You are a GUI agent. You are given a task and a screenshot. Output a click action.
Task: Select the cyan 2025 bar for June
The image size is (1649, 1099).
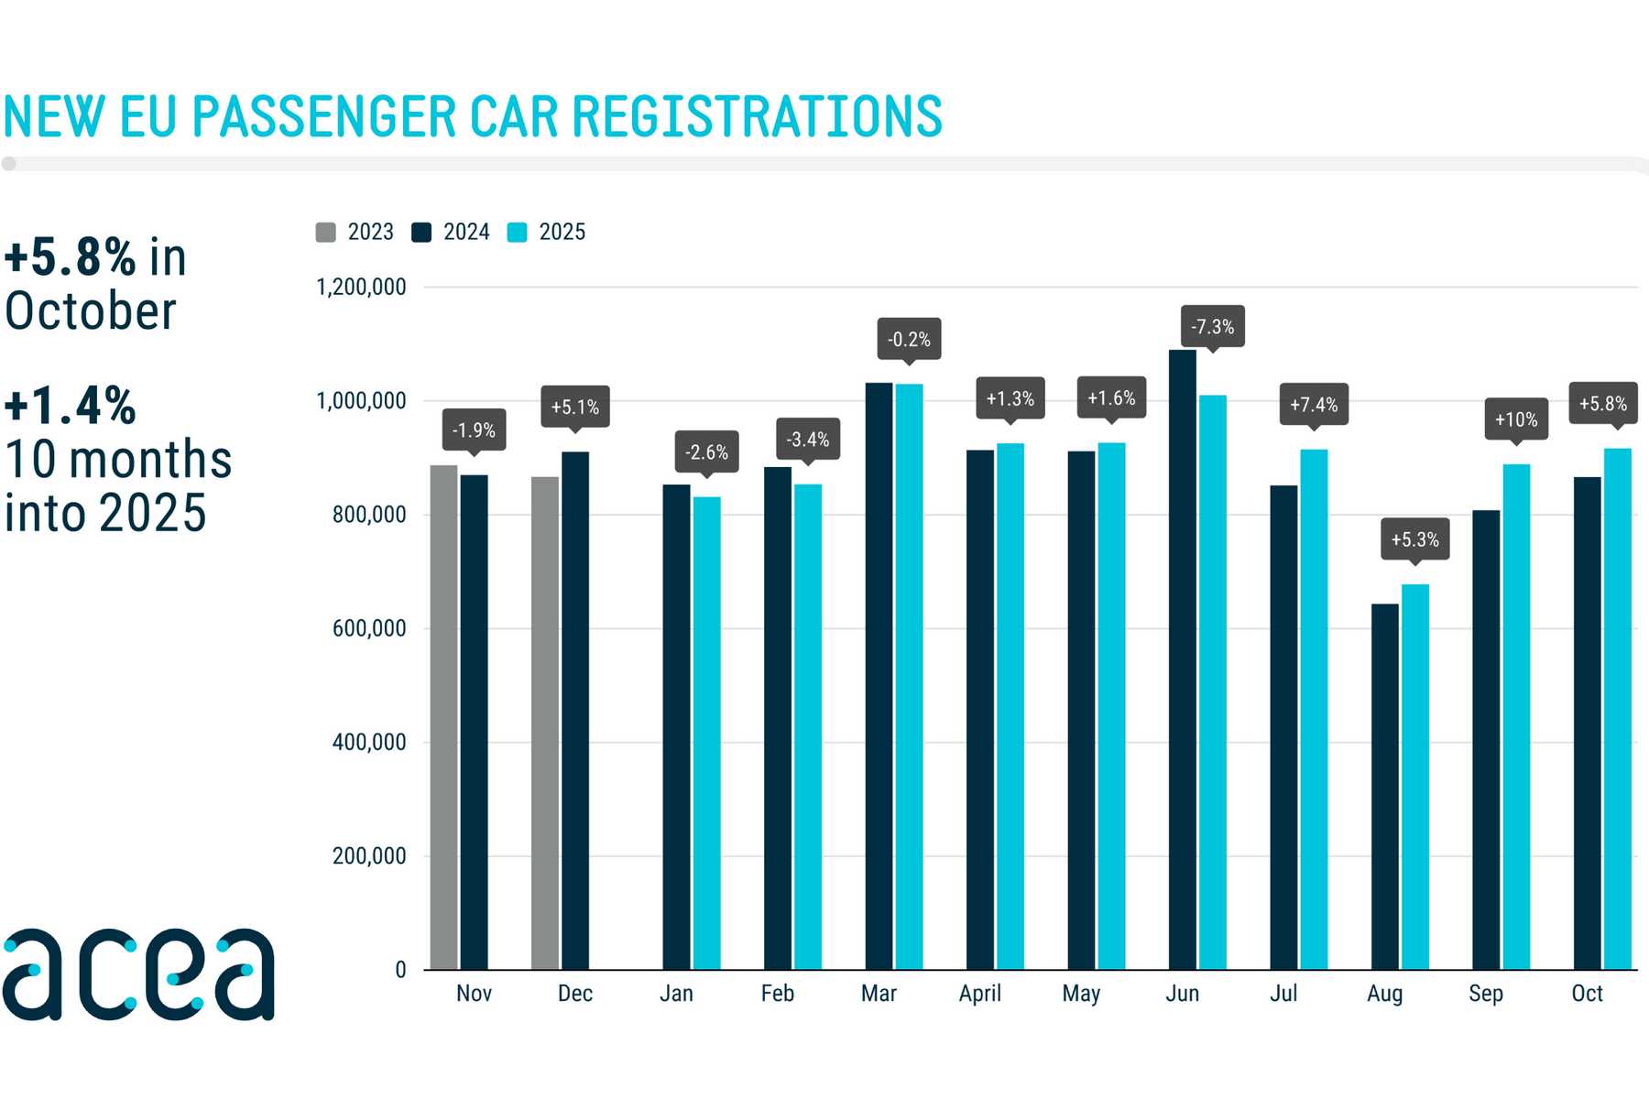[1212, 682]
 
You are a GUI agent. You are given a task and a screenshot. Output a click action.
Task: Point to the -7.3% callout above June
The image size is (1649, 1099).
[1212, 327]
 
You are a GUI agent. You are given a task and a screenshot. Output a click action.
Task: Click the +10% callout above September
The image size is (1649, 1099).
[1515, 419]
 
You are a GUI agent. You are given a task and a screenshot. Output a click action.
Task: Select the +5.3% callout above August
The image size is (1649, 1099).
[1414, 539]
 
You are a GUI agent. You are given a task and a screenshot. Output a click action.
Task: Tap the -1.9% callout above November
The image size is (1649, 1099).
[474, 430]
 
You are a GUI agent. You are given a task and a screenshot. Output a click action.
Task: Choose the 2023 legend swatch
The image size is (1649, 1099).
[325, 233]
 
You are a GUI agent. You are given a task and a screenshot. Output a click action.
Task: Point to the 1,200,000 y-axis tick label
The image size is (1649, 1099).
[361, 288]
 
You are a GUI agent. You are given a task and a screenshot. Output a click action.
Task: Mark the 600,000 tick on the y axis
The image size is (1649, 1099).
[369, 629]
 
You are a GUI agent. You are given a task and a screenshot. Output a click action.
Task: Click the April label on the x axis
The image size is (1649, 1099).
[979, 994]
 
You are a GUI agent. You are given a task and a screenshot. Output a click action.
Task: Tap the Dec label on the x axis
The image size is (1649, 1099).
[574, 994]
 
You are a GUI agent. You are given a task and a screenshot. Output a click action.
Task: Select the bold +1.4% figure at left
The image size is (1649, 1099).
[71, 406]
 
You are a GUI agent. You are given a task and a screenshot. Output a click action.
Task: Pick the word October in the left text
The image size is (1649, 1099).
[91, 311]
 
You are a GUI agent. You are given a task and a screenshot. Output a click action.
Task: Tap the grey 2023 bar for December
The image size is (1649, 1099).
[545, 723]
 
